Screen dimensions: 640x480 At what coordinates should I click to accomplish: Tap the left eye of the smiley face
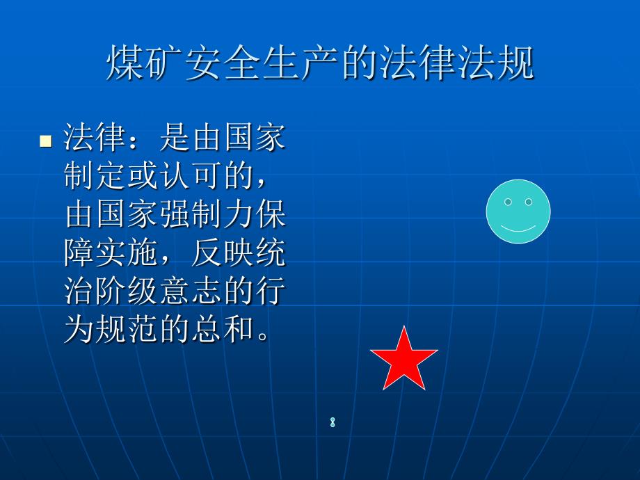coord(508,202)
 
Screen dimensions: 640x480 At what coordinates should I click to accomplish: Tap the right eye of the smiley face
coord(529,202)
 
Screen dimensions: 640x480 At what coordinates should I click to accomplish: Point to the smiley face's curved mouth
coord(518,229)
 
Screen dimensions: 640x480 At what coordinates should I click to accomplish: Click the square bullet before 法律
coord(46,141)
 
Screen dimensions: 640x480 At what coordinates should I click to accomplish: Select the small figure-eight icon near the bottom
coord(333,422)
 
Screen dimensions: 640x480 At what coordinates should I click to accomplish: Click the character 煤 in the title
coord(125,63)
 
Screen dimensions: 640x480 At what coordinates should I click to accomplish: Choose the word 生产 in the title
coord(301,63)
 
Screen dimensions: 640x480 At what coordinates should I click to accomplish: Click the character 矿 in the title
coord(163,63)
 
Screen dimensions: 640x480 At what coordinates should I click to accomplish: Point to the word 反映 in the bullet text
coord(222,253)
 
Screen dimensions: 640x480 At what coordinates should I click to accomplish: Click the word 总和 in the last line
coord(223,329)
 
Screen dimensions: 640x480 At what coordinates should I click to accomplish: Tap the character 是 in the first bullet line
coord(175,137)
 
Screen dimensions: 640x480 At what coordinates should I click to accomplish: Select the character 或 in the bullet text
coord(143,175)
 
